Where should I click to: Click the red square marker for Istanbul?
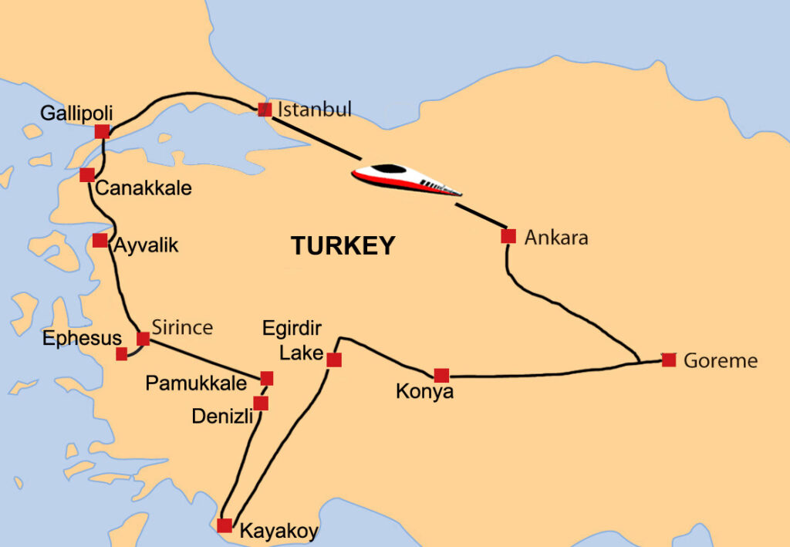pyautogui.click(x=265, y=110)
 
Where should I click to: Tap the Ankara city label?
pyautogui.click(x=555, y=237)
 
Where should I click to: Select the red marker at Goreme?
pyautogui.click(x=669, y=360)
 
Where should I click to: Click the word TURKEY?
pyautogui.click(x=343, y=246)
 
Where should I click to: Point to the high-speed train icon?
pyautogui.click(x=406, y=181)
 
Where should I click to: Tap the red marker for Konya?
pyautogui.click(x=441, y=376)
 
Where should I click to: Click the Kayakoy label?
pyautogui.click(x=279, y=531)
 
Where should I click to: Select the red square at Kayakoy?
pyautogui.click(x=225, y=525)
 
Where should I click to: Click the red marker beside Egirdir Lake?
pyautogui.click(x=334, y=360)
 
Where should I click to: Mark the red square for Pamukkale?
pyautogui.click(x=267, y=378)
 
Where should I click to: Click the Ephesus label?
pyautogui.click(x=83, y=338)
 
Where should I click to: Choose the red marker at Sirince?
pyautogui.click(x=143, y=338)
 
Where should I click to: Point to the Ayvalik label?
pyautogui.click(x=146, y=246)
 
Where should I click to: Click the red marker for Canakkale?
pyautogui.click(x=87, y=175)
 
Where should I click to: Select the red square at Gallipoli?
pyautogui.click(x=102, y=132)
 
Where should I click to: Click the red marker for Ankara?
pyautogui.click(x=508, y=236)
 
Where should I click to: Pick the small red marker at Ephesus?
pyautogui.click(x=121, y=354)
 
